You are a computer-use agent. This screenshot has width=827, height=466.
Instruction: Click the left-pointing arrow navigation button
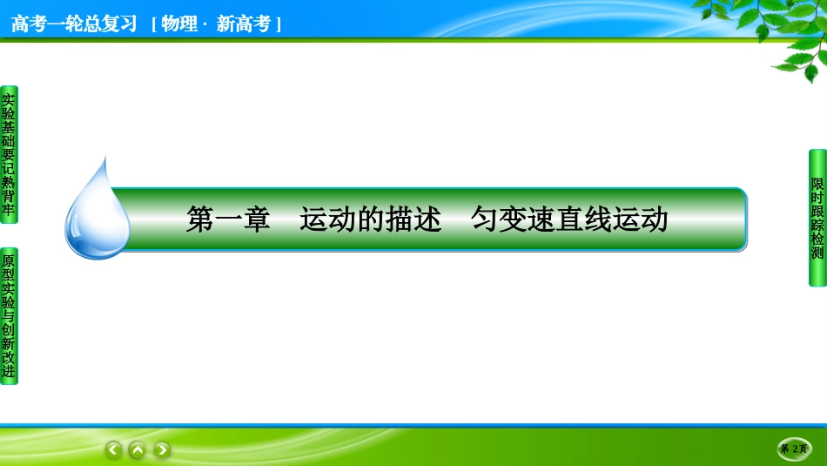[113, 449]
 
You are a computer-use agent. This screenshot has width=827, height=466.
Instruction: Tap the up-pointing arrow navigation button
[138, 449]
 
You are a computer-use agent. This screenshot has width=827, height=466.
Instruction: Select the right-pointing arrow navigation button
[162, 449]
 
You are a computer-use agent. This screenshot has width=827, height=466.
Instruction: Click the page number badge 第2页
[794, 449]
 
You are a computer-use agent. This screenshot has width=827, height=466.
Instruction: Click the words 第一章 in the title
[228, 219]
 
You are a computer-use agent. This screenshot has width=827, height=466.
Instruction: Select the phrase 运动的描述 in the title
[370, 219]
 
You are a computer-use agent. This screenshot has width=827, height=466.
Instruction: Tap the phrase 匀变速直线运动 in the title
[569, 219]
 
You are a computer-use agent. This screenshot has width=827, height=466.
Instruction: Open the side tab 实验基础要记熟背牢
[9, 155]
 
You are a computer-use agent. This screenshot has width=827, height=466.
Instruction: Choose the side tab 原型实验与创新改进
[9, 316]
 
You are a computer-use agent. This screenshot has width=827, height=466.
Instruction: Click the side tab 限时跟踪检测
[817, 218]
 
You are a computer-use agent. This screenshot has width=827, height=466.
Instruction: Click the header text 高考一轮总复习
[74, 24]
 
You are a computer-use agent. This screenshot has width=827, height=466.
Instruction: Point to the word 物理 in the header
[179, 24]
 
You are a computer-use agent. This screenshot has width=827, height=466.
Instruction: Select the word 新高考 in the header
[243, 24]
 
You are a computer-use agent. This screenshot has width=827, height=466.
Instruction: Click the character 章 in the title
[256, 219]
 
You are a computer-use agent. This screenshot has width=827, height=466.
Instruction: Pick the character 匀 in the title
[485, 219]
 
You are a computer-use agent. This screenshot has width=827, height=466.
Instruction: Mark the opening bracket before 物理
[154, 24]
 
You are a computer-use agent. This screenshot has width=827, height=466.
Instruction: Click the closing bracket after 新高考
[278, 24]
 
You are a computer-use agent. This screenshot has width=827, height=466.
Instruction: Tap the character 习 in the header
[128, 24]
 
